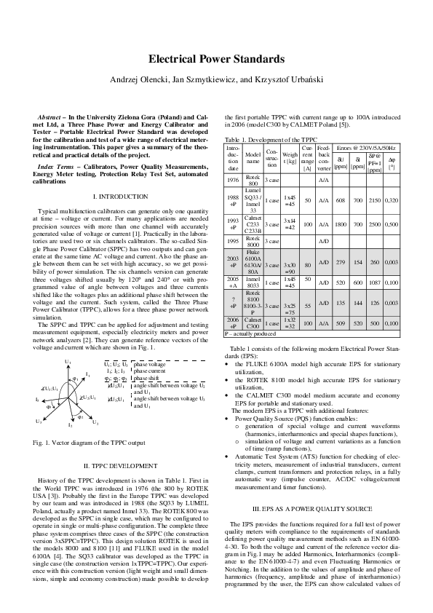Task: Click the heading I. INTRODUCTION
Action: [x=121, y=197]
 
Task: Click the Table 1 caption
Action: [x=271, y=138]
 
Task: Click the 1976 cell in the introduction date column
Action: [x=233, y=178]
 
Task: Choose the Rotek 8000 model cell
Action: [x=253, y=240]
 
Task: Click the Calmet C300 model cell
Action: [x=253, y=323]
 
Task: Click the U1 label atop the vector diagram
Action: [x=68, y=361]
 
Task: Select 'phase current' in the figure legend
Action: [x=149, y=371]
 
